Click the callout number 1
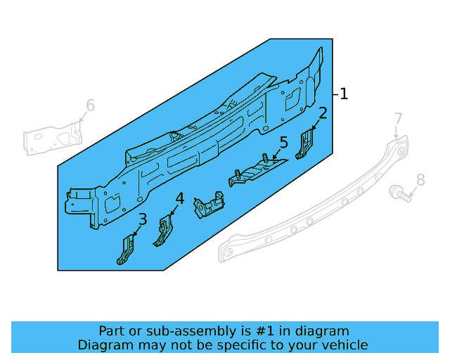344,94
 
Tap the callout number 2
323,113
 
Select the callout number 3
143,219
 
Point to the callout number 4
180,199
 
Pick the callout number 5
283,143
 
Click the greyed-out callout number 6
90,106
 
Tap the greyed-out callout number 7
398,119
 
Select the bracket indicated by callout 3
127,250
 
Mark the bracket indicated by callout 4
164,232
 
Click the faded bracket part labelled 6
53,136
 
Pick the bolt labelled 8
400,191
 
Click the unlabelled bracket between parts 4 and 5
209,207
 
